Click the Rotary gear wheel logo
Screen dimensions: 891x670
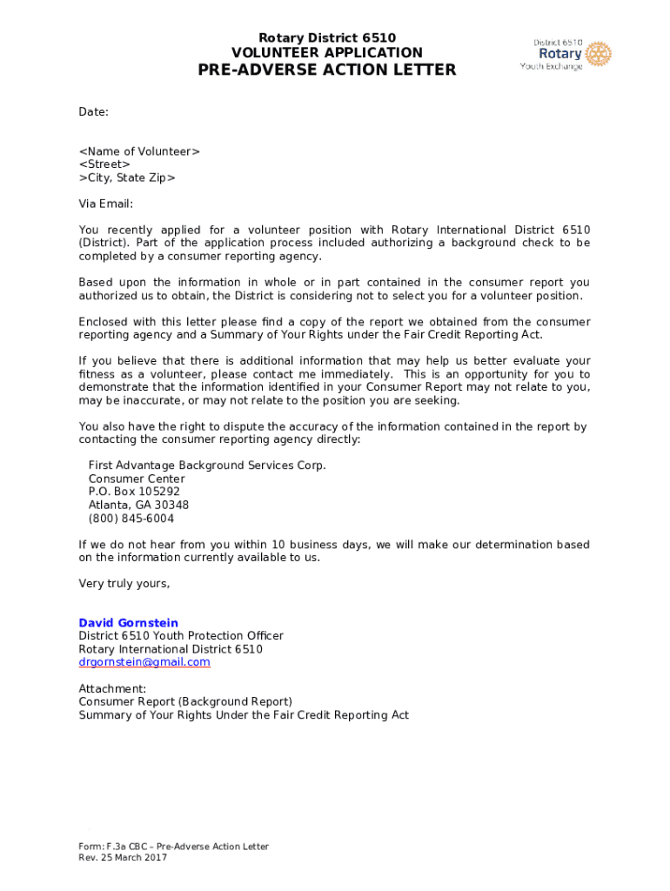(x=599, y=54)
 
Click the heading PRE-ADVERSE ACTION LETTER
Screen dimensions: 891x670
(x=327, y=70)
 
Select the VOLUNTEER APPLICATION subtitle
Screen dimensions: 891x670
(x=327, y=53)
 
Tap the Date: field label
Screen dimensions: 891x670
(x=94, y=112)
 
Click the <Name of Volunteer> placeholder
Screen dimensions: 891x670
(x=139, y=151)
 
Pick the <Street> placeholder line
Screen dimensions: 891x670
(x=104, y=164)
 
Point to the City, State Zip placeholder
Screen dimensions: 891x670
(x=127, y=178)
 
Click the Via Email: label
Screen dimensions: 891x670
(x=106, y=204)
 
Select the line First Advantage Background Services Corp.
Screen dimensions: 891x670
(x=207, y=466)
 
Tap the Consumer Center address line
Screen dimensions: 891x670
(x=137, y=479)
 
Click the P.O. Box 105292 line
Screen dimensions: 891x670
(x=134, y=492)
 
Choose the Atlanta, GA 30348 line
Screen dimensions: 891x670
(x=138, y=505)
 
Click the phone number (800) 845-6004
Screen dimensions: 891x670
(x=131, y=519)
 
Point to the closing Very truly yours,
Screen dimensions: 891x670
(x=124, y=584)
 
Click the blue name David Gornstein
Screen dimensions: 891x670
(x=129, y=623)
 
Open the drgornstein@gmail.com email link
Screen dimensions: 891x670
(x=144, y=662)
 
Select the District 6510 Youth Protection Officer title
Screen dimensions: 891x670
(x=181, y=636)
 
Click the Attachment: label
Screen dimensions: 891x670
(x=112, y=688)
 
